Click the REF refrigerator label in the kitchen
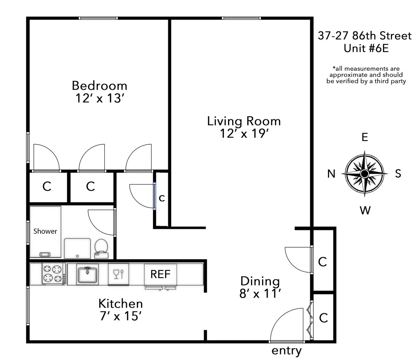(160, 274)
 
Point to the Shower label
(45, 231)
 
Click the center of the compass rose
(364, 173)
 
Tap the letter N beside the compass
(331, 173)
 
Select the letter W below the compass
(365, 210)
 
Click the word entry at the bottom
(286, 351)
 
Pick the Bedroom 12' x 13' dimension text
(99, 98)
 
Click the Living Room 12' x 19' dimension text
(244, 134)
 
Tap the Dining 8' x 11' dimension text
(260, 294)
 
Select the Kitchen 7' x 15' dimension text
(120, 316)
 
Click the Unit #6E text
(366, 48)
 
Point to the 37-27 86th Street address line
(365, 36)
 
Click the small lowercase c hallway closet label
(162, 198)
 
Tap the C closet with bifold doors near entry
(323, 318)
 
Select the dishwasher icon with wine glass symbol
(118, 274)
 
